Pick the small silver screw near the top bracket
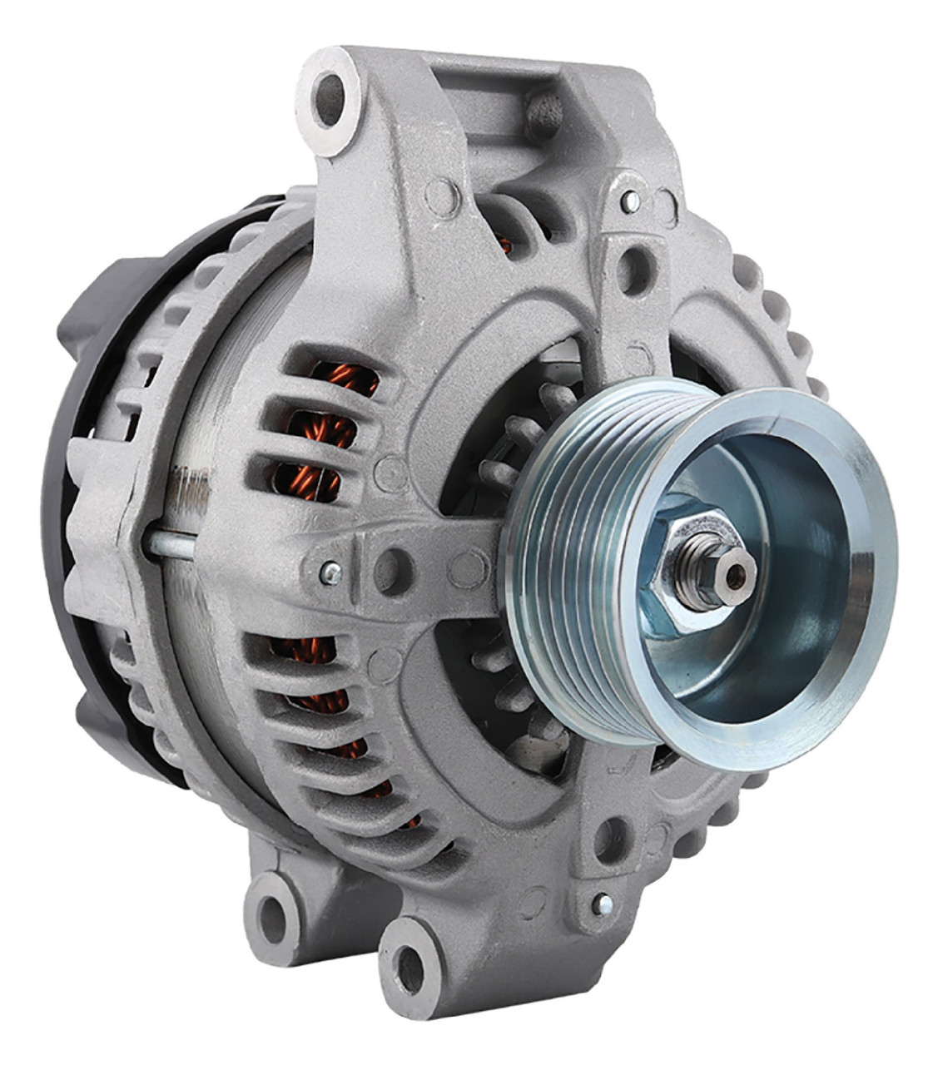pyautogui.click(x=630, y=201)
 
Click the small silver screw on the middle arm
pyautogui.click(x=332, y=572)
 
